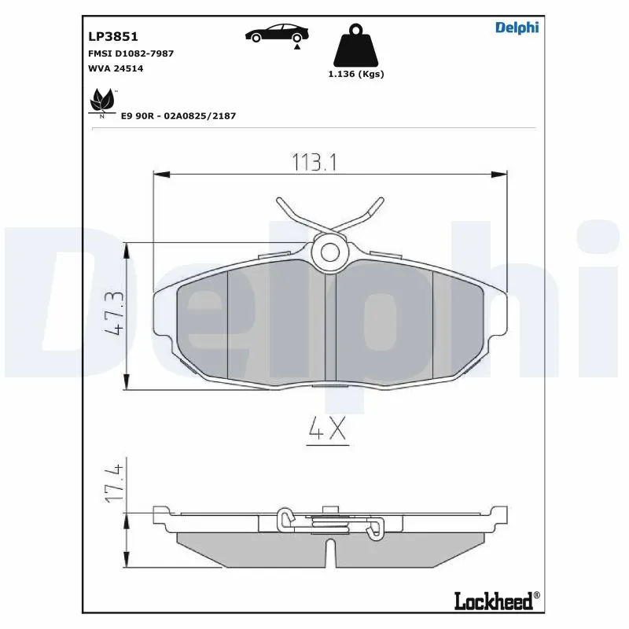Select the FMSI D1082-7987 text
(x=130, y=53)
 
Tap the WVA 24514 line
(x=115, y=68)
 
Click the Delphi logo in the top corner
(x=517, y=28)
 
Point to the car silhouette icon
(x=277, y=33)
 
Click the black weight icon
(x=356, y=47)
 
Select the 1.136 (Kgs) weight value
(x=356, y=74)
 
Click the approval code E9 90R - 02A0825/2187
(x=178, y=116)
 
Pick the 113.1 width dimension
(x=314, y=163)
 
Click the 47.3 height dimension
(x=114, y=314)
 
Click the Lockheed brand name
(x=493, y=601)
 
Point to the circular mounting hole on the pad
(x=329, y=252)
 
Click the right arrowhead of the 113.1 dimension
(x=501, y=174)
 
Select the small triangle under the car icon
(x=298, y=47)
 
